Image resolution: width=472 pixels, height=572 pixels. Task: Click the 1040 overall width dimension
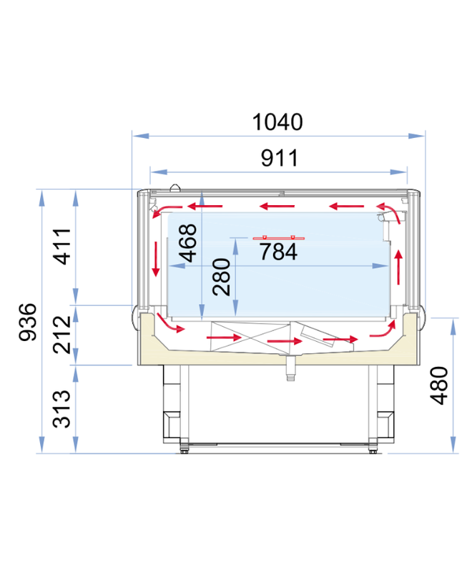click(x=277, y=122)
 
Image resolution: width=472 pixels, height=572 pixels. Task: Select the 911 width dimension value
click(x=280, y=158)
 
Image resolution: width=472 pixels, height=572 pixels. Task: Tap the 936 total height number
click(x=28, y=322)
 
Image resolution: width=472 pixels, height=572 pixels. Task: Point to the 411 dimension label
click(x=62, y=246)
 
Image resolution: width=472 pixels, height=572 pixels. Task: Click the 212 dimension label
click(x=62, y=335)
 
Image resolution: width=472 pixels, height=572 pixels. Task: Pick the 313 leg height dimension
click(x=62, y=409)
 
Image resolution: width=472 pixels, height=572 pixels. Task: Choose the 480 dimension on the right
click(x=439, y=385)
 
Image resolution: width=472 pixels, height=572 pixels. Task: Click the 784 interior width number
click(x=278, y=252)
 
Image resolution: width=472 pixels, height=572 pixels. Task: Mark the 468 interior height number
click(x=189, y=243)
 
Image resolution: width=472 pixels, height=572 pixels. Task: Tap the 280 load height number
click(x=222, y=277)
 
